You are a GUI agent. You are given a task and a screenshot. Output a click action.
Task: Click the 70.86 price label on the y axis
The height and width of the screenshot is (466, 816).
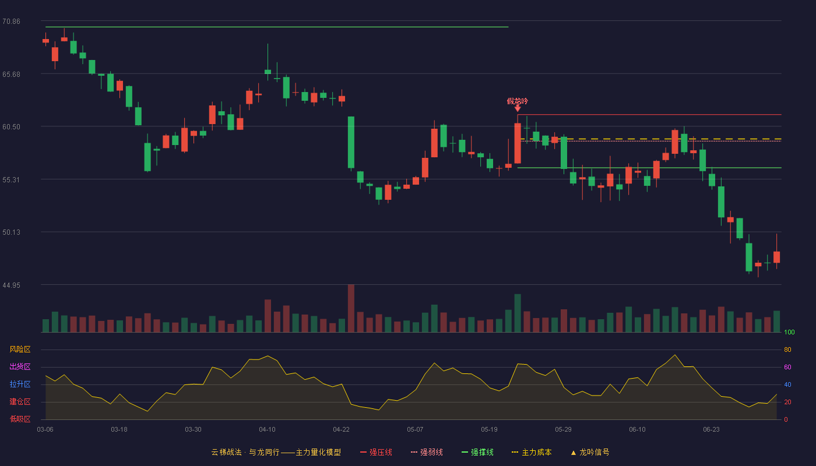pos(11,22)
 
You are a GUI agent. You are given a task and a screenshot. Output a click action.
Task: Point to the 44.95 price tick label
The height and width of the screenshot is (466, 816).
pos(11,285)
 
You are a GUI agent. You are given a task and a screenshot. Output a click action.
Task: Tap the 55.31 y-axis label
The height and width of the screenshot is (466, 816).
pos(11,180)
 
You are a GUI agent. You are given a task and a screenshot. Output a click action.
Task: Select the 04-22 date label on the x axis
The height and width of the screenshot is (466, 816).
pos(341,430)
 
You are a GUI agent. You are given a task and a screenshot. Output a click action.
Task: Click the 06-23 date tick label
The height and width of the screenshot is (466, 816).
pos(711,430)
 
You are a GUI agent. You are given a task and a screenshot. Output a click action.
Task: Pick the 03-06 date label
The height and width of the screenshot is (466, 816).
pos(45,430)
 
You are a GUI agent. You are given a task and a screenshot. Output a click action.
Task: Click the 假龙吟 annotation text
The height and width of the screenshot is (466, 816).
pos(518,101)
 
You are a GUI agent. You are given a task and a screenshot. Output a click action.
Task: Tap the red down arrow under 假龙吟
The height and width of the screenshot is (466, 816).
pos(518,108)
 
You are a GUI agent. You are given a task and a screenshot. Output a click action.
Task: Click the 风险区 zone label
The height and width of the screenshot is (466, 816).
pos(20,349)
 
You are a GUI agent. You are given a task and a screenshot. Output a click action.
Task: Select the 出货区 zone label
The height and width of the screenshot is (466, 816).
pos(20,366)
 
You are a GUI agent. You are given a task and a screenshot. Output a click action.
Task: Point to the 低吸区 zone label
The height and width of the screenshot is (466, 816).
pos(20,419)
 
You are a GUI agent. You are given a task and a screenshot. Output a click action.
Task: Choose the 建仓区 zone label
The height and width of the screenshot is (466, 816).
pos(20,401)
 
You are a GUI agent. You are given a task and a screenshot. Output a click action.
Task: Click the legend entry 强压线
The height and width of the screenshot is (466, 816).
pos(376,452)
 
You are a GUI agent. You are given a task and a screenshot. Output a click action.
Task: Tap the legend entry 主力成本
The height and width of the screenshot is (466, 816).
pos(532,452)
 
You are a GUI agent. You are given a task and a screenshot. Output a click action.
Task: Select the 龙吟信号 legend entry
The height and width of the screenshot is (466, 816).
pos(590,452)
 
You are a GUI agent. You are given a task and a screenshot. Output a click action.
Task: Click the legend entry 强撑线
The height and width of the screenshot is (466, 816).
pos(477,452)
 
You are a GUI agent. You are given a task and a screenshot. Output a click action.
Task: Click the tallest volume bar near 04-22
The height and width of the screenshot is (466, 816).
pos(351,308)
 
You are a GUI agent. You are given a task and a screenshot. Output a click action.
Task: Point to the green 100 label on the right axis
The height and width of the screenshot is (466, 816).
pos(789,332)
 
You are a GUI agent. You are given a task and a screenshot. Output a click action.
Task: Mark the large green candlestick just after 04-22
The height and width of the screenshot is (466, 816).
pos(351,142)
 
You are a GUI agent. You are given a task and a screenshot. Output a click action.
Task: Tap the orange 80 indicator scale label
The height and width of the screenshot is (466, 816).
pos(787,349)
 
